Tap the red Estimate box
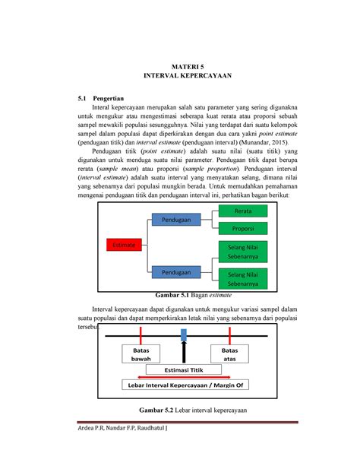(x=123, y=245)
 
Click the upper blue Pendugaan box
(x=176, y=220)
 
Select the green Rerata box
(x=243, y=210)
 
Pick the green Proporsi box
(x=243, y=228)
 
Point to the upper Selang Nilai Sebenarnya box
(x=243, y=252)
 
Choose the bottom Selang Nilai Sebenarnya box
(x=243, y=279)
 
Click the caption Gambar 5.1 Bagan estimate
(x=193, y=294)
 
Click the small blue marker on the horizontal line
(x=183, y=334)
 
